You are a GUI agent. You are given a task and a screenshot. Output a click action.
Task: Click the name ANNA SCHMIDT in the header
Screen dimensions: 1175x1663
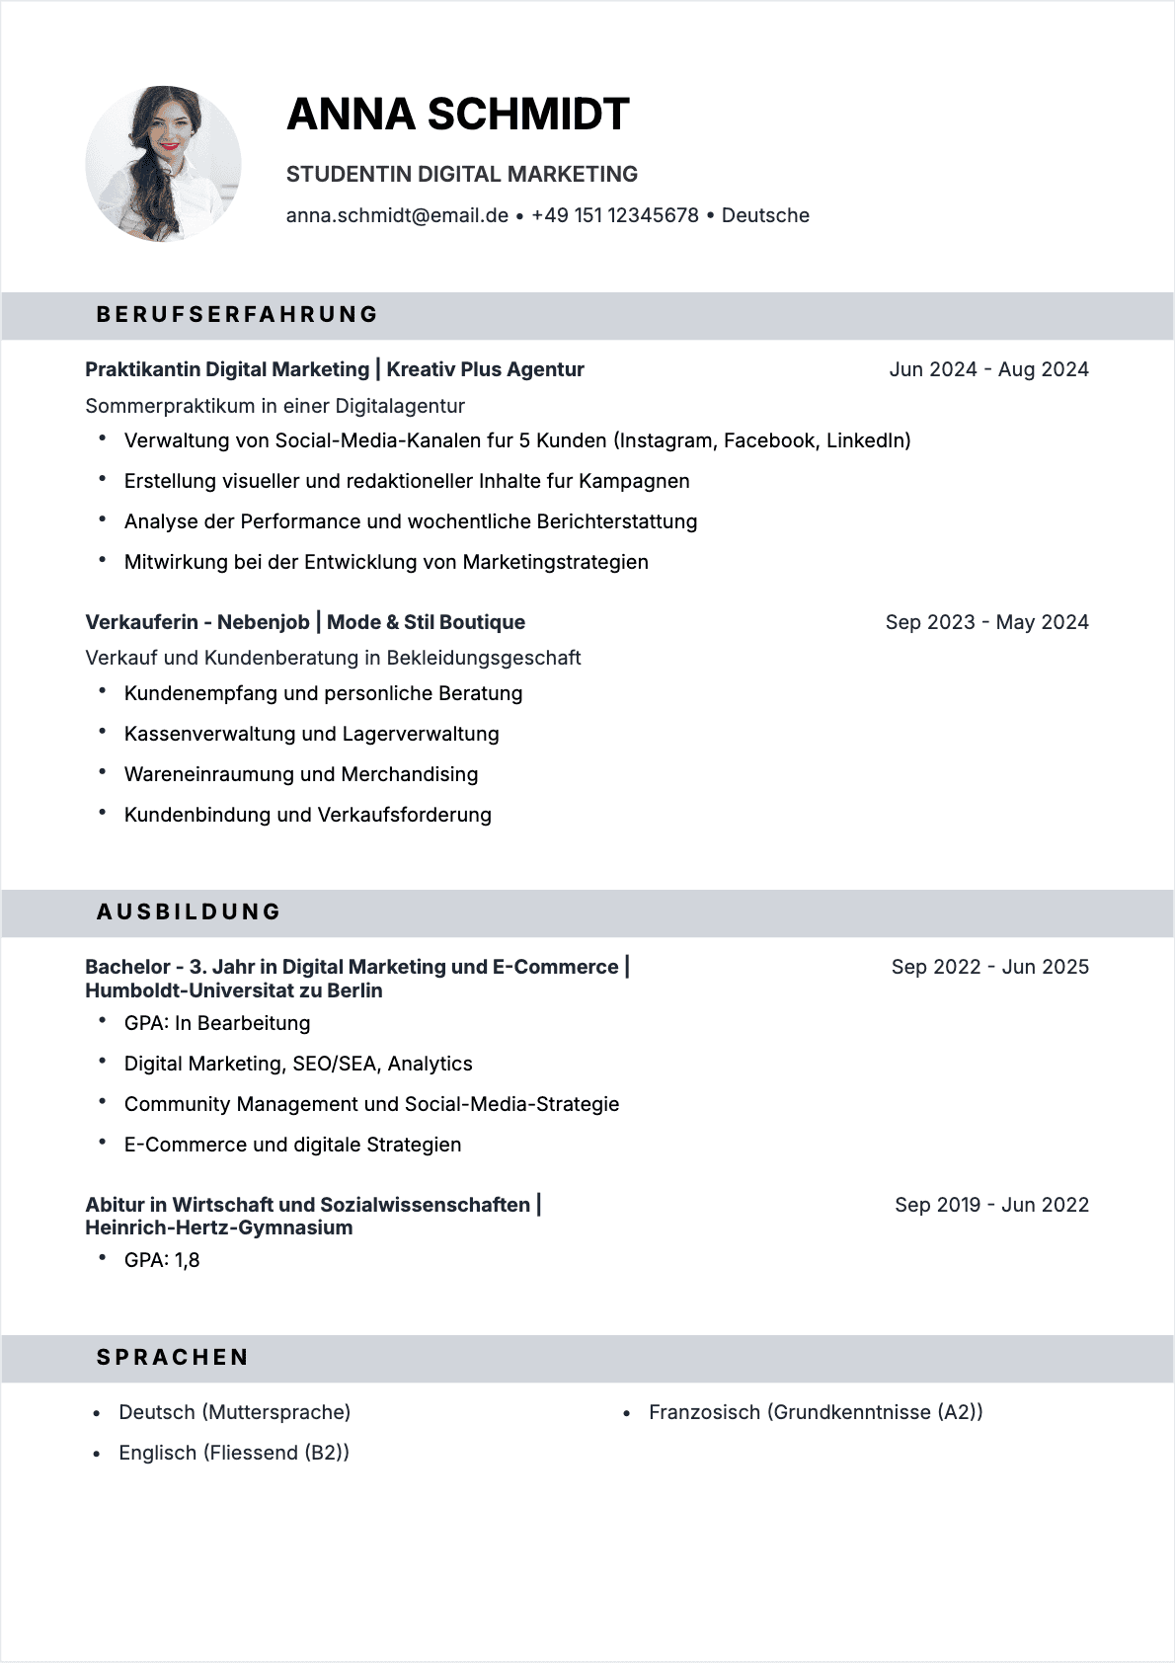(457, 115)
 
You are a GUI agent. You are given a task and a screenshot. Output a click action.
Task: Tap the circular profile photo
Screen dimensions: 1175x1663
(164, 164)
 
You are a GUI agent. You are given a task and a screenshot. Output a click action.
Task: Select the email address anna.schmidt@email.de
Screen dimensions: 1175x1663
(397, 215)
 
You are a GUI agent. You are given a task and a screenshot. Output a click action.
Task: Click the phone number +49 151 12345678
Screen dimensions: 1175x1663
(614, 215)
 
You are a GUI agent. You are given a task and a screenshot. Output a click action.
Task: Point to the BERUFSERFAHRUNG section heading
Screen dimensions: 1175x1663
(237, 315)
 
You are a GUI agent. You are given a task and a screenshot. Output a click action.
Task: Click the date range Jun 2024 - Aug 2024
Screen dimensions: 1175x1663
(988, 369)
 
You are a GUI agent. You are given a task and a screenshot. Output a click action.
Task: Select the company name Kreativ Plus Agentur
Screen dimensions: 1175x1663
(485, 369)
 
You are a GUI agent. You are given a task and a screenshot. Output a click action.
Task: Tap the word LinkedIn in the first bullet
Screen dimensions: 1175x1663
(868, 440)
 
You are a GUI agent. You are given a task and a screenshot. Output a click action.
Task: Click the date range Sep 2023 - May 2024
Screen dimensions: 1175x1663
(986, 622)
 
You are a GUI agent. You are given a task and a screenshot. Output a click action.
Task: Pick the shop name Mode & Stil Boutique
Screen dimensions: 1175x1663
(426, 622)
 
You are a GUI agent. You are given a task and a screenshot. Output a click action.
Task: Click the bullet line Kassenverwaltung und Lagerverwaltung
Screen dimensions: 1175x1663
(311, 734)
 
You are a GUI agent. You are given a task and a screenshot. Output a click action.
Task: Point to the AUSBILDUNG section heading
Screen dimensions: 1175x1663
(189, 912)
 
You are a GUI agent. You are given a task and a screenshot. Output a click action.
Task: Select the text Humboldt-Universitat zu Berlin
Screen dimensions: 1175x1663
(233, 990)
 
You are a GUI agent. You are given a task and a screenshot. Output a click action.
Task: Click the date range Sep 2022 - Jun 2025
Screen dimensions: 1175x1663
(989, 967)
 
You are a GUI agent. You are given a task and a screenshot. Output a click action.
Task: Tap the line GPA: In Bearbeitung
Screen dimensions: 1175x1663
(217, 1023)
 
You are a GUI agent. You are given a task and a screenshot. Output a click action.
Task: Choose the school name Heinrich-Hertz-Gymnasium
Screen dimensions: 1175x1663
(218, 1227)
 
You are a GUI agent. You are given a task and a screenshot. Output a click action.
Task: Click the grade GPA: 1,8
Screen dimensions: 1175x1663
(162, 1260)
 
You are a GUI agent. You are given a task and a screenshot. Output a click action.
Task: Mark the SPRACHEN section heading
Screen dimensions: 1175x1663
(173, 1358)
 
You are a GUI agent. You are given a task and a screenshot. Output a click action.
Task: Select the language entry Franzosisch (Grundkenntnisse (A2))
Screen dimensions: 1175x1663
(816, 1412)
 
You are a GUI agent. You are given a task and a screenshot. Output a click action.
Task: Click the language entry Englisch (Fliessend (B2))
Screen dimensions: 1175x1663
(234, 1453)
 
